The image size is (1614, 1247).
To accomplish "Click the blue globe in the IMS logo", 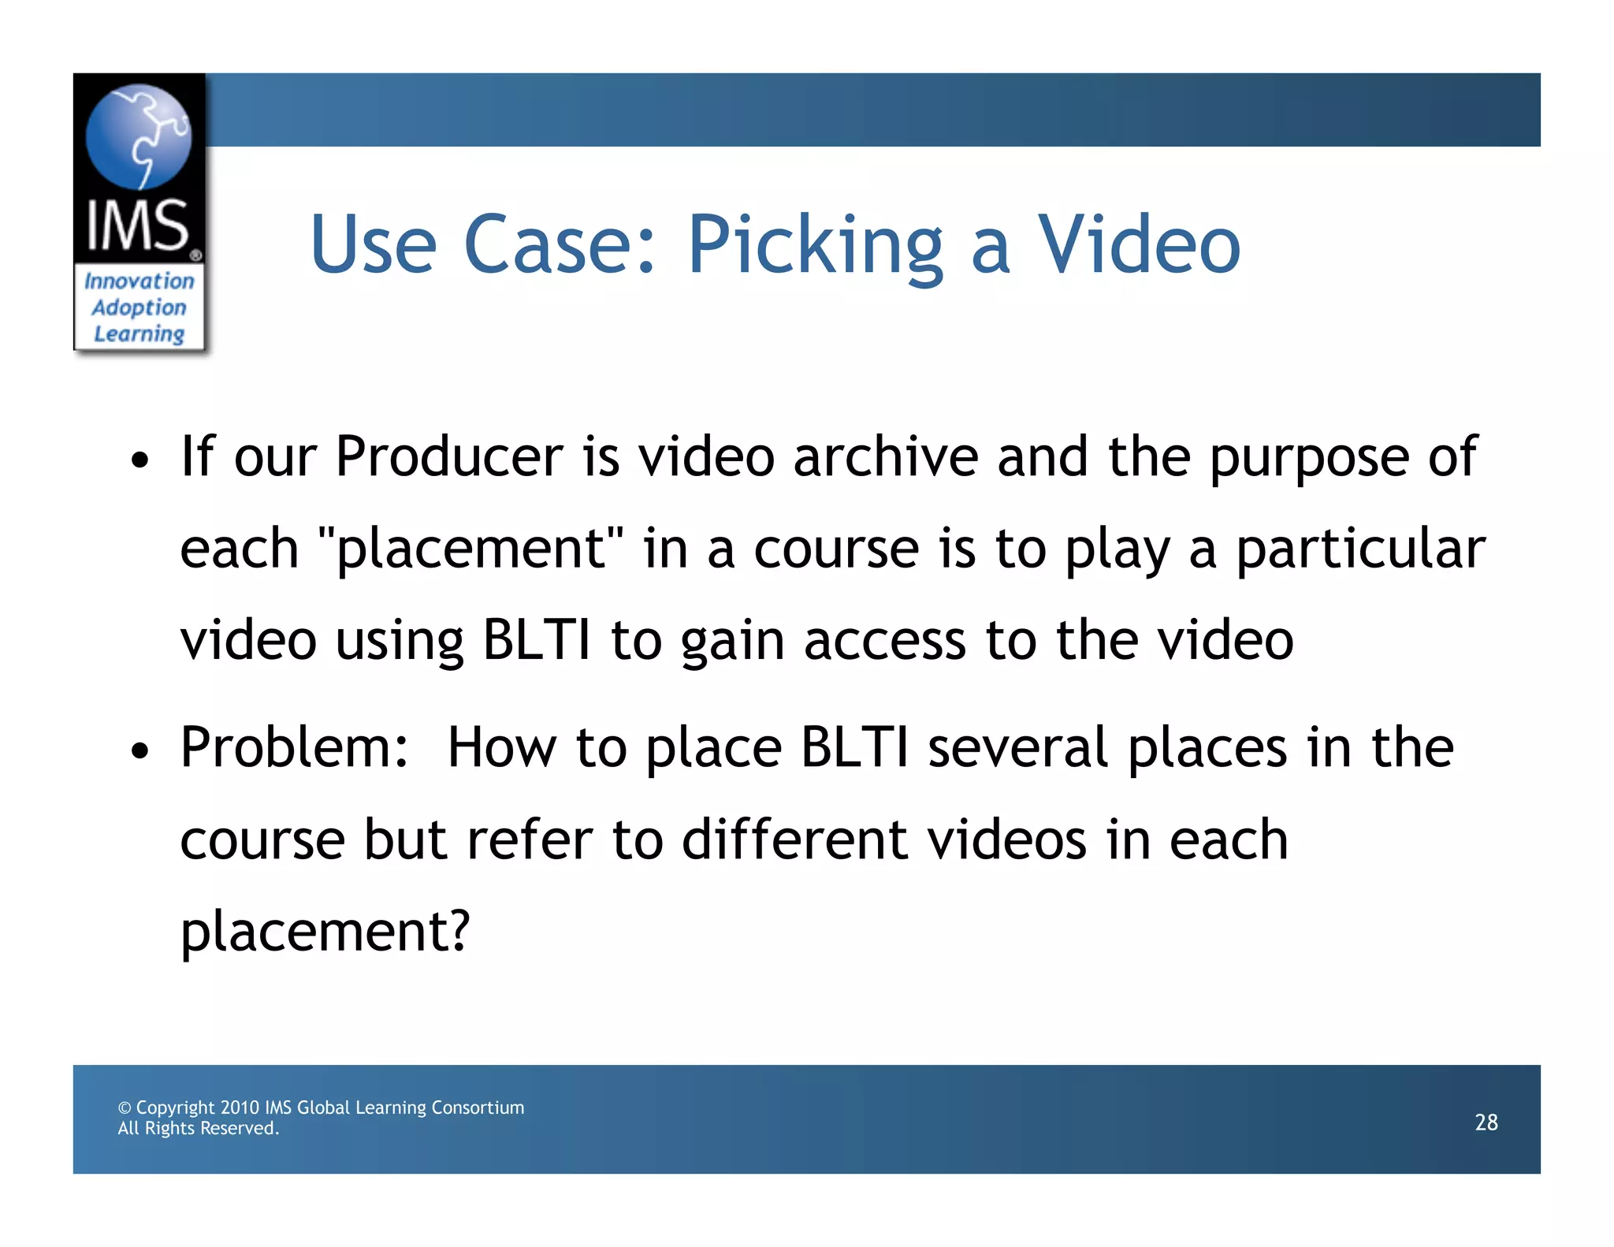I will point(138,136).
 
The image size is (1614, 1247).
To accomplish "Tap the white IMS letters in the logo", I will point(138,226).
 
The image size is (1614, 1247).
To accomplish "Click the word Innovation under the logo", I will point(139,281).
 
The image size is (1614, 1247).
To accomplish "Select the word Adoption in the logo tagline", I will point(139,307).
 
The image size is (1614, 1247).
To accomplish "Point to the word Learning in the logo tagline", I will point(139,334).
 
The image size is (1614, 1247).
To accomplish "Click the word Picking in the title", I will point(815,246).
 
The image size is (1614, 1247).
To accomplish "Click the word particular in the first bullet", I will point(1360,549).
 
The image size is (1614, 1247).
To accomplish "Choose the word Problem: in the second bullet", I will point(294,746).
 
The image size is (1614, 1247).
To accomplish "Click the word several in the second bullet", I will point(1017,746).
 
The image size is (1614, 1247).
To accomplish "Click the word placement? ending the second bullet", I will point(325,932).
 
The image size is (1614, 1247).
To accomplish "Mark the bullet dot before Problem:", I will point(139,751).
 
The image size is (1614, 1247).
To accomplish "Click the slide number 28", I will point(1486,1122).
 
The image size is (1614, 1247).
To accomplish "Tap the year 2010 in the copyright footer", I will point(240,1107).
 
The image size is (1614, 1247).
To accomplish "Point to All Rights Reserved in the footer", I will point(199,1128).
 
